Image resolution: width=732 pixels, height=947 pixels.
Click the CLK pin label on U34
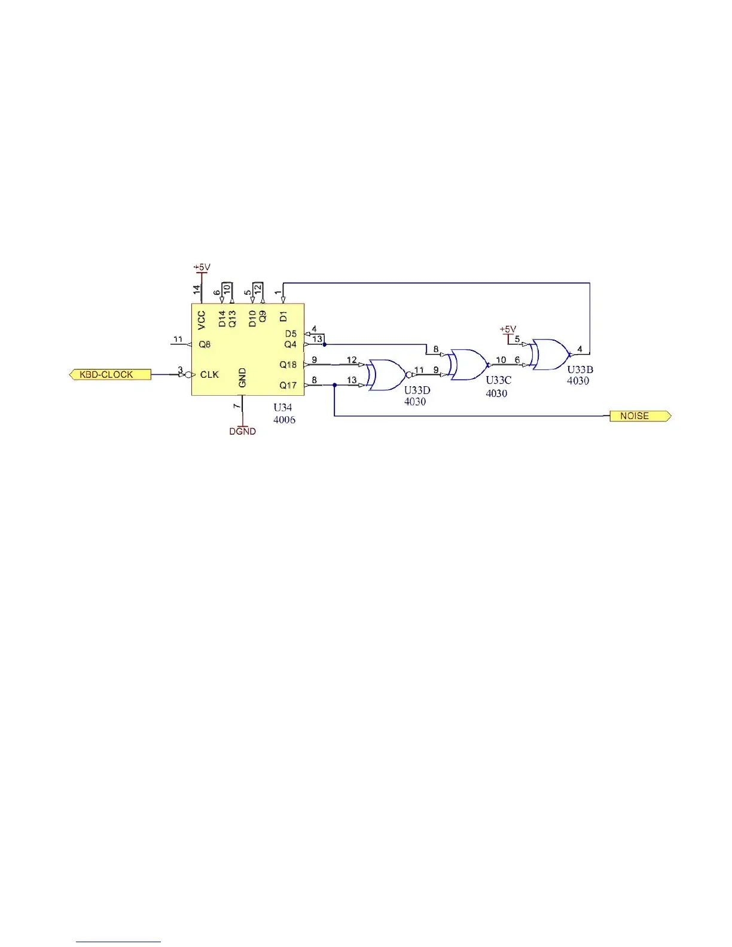coord(209,375)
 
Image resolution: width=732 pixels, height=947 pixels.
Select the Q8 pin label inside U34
coord(205,344)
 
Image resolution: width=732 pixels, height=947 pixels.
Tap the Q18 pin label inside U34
coord(288,365)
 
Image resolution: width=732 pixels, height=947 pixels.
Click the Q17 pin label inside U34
coord(288,386)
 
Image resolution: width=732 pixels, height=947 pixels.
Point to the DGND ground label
coord(242,431)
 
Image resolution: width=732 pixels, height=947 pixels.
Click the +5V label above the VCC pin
coord(202,267)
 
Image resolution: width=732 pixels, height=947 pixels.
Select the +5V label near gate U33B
coord(508,329)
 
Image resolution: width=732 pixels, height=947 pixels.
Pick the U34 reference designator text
coord(282,408)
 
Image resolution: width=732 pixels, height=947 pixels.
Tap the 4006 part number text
coord(284,420)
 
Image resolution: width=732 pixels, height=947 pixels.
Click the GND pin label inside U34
coord(242,378)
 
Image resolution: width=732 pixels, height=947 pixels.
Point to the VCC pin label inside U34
coord(202,320)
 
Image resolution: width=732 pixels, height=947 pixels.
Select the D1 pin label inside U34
coord(283,316)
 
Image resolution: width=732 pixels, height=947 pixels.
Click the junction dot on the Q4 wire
coord(324,344)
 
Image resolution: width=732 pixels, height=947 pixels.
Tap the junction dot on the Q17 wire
coord(334,386)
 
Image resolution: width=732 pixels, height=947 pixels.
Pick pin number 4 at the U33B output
coord(579,349)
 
